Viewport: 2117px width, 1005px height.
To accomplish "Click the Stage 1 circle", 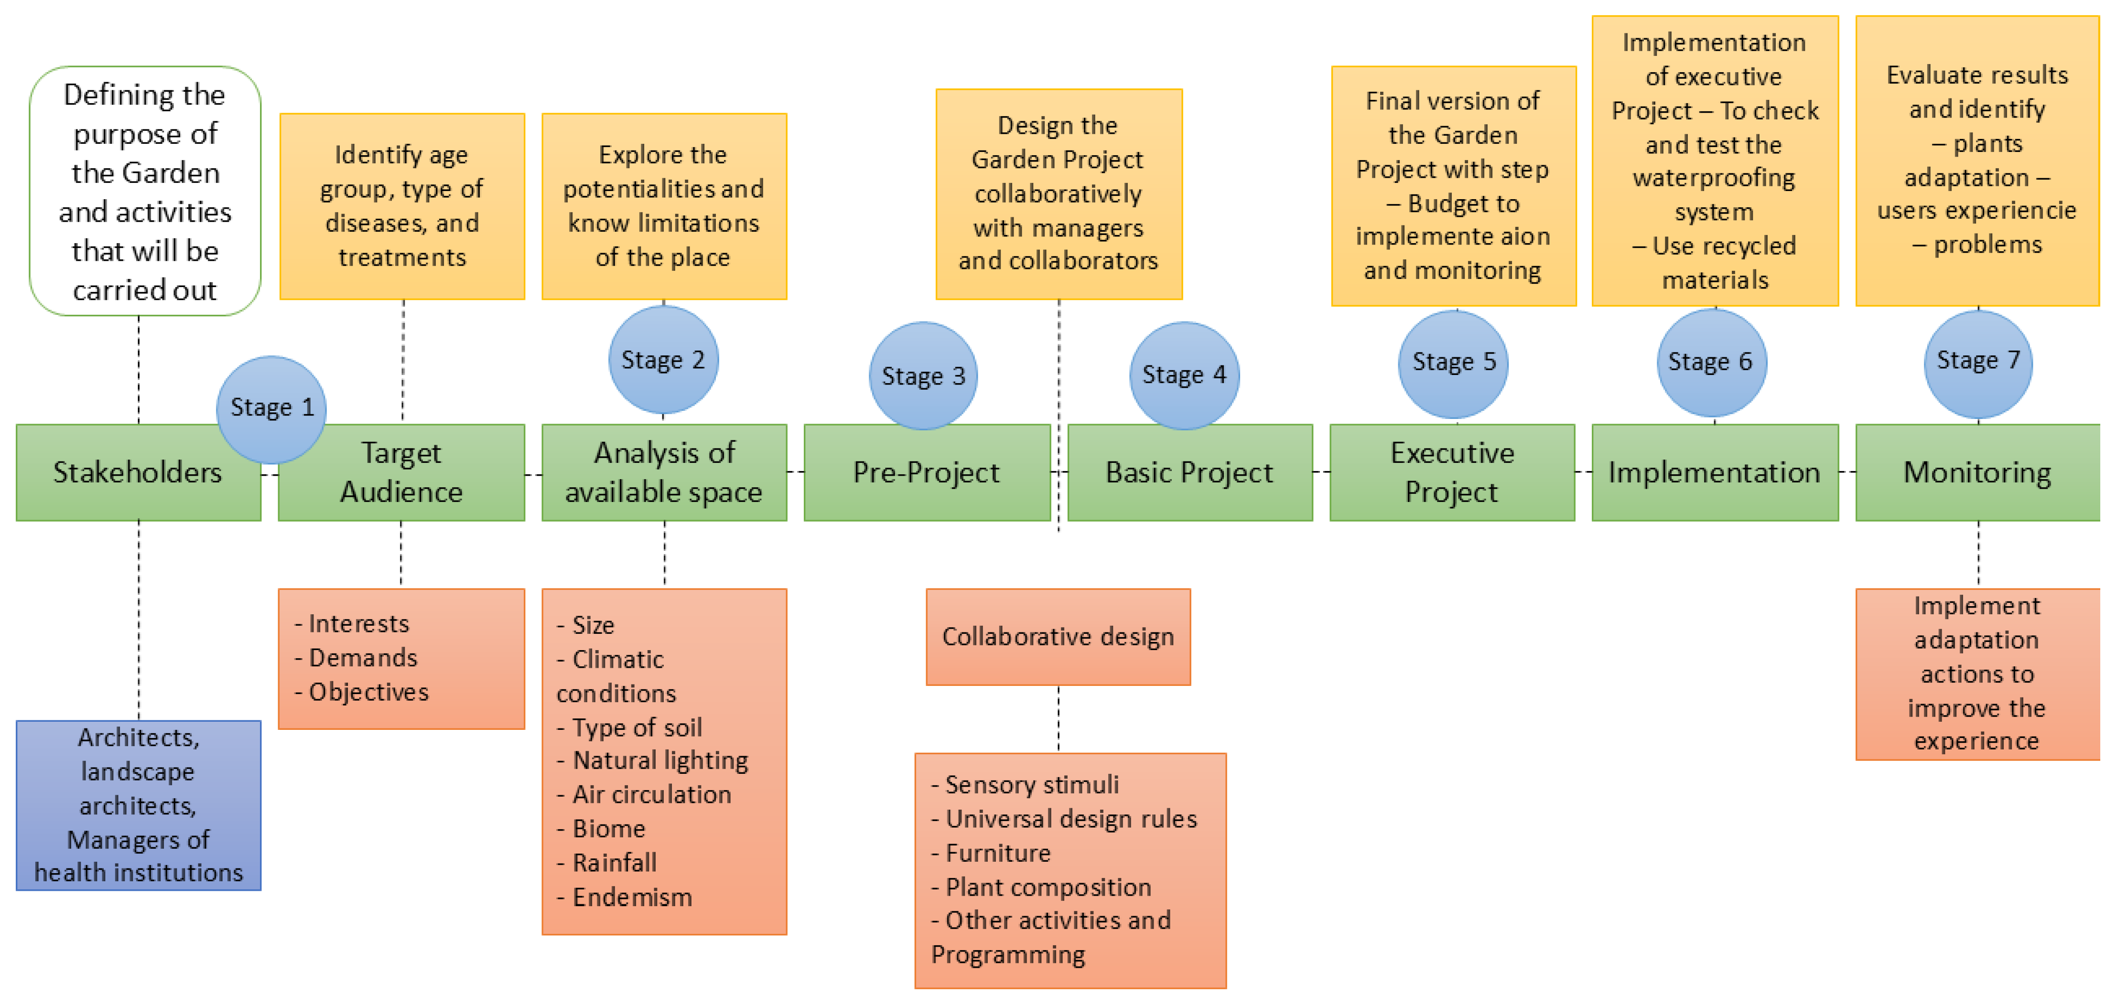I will point(271,408).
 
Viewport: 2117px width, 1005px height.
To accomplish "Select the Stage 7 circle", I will point(1977,363).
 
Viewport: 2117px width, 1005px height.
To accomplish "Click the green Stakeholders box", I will point(138,472).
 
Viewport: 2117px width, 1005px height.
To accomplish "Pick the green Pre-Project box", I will point(926,472).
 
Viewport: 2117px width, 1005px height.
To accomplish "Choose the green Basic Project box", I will point(1189,472).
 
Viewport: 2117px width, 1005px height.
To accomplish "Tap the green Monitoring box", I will point(1977,472).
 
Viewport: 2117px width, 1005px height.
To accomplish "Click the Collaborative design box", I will point(1058,637).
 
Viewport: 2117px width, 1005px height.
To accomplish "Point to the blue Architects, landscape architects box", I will point(138,805).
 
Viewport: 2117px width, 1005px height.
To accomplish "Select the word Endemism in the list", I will point(632,898).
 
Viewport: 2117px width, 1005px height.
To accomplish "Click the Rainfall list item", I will point(614,863).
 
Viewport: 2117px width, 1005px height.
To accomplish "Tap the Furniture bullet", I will point(998,853).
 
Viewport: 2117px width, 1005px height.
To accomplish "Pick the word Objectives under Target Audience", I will point(368,692).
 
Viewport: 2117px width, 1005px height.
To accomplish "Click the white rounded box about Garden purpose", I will point(145,192).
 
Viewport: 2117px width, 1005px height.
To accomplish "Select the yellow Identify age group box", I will point(402,206).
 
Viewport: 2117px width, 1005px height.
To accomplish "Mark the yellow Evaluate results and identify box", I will point(1977,160).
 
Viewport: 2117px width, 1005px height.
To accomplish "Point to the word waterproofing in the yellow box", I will point(1714,178).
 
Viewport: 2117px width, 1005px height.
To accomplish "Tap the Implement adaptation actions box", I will point(1977,674).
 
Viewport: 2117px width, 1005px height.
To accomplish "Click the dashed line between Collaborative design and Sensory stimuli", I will point(1058,719).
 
